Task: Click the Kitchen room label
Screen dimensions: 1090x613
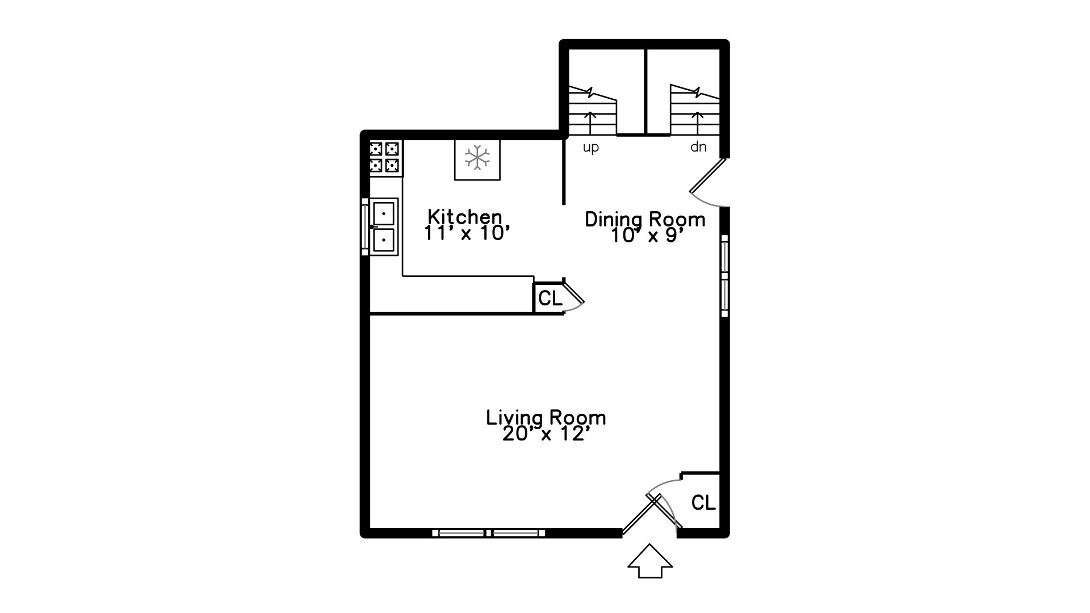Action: click(x=465, y=217)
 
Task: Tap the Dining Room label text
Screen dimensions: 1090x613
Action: click(x=645, y=219)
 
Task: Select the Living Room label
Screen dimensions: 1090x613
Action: click(x=546, y=418)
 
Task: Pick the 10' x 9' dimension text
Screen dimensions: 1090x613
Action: click(x=645, y=236)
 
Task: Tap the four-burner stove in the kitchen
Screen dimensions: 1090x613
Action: click(x=384, y=157)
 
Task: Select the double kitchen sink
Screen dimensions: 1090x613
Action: click(x=384, y=226)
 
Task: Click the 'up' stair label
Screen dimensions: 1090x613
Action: click(x=591, y=148)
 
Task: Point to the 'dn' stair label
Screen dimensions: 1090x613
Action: click(x=698, y=147)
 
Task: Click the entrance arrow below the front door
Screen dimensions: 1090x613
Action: click(x=650, y=561)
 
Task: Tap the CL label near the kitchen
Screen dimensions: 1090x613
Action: click(x=550, y=298)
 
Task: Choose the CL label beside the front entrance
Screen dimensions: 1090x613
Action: click(x=703, y=502)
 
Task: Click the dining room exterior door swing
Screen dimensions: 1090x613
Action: click(x=707, y=183)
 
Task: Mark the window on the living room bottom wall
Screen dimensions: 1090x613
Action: click(x=489, y=533)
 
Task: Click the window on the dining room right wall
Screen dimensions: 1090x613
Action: click(x=724, y=276)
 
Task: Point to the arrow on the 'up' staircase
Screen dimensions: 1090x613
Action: click(x=590, y=123)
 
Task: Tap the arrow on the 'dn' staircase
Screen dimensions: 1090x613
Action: click(x=697, y=123)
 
